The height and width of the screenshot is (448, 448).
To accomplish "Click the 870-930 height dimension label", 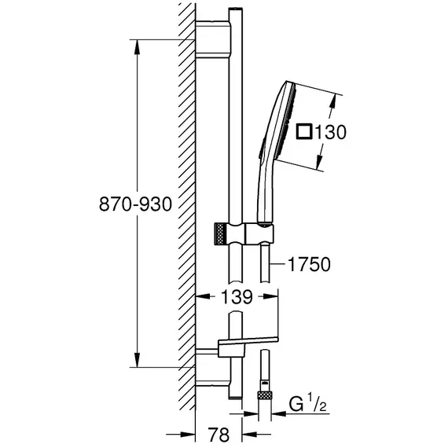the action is point(135,204).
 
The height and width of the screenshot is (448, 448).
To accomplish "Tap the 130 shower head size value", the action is point(330,132).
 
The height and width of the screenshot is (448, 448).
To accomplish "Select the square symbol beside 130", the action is point(304,132).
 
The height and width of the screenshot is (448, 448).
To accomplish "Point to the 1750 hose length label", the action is point(309,264).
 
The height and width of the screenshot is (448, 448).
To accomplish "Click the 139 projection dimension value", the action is point(237,296).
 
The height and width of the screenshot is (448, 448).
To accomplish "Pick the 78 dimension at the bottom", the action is point(218,435).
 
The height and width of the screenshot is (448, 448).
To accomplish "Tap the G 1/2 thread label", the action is point(307,404).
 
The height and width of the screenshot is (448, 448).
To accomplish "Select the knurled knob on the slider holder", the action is point(219,233).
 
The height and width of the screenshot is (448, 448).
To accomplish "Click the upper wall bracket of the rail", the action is point(212,39).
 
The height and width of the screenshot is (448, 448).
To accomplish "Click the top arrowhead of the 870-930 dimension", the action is point(137,46).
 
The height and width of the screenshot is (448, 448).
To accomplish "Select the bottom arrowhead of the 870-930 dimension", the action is point(137,360).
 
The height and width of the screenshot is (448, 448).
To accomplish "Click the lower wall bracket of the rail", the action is point(212,367).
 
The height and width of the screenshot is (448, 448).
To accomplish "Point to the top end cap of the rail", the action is point(236,10).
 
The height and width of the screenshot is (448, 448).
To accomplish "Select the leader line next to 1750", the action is point(278,264).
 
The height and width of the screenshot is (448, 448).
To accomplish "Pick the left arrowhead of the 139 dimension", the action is point(203,296).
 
